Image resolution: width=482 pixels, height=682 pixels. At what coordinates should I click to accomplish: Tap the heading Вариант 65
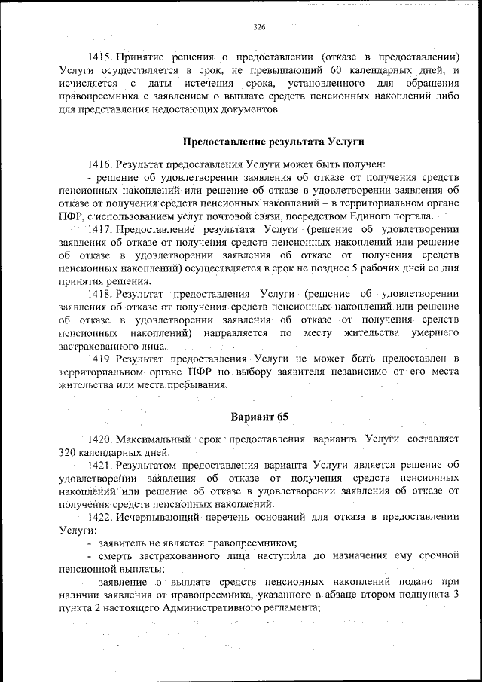click(x=258, y=417)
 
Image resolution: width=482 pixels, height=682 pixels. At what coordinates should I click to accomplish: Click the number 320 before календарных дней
click(x=69, y=452)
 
